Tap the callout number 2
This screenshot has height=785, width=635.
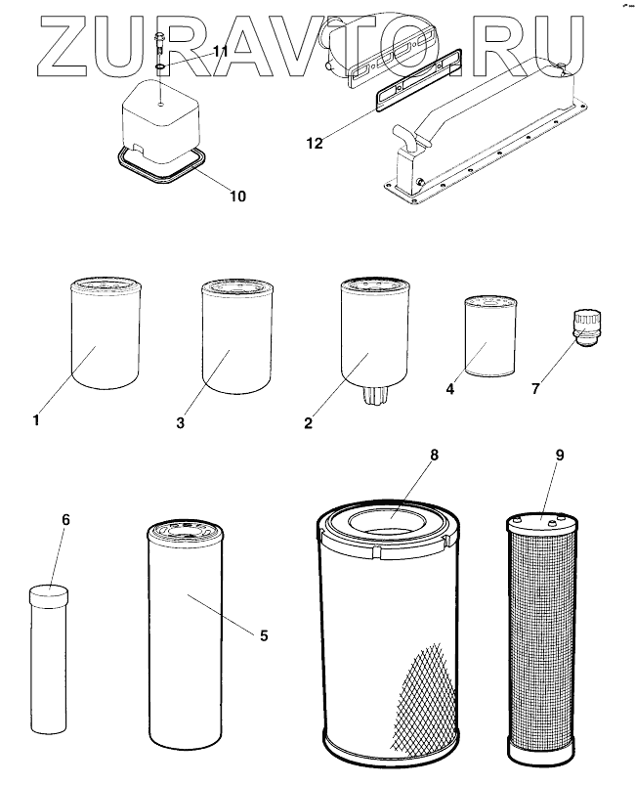click(x=308, y=423)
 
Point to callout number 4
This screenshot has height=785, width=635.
click(x=450, y=388)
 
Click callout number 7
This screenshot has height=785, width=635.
click(x=534, y=389)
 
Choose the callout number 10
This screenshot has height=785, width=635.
click(x=237, y=196)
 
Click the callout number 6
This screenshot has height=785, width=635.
click(x=65, y=519)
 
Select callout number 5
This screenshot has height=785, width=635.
click(x=263, y=634)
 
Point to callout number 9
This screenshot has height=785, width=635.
click(x=559, y=456)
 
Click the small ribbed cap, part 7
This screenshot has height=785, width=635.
click(x=584, y=325)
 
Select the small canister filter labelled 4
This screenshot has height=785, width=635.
click(x=488, y=337)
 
